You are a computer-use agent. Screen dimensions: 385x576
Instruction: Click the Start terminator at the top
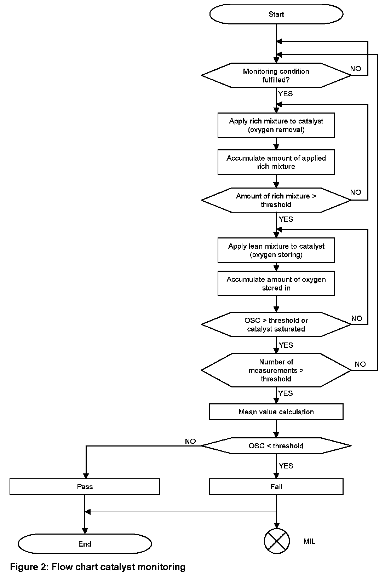[x=276, y=14]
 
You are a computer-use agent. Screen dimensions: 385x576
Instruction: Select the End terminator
[x=85, y=543]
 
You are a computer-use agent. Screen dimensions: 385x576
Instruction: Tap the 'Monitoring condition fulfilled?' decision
[x=276, y=75]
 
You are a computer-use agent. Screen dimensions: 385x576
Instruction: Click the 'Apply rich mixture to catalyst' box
[x=276, y=125]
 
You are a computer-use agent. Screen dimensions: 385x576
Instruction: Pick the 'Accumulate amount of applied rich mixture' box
[x=276, y=162]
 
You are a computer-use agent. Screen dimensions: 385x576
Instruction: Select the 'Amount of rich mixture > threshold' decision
[x=276, y=200]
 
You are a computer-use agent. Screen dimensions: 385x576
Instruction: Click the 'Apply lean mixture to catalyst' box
[x=276, y=250]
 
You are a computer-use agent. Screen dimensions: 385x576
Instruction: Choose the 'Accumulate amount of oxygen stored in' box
[x=276, y=283]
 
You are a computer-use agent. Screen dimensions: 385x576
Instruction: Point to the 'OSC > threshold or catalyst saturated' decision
[x=276, y=324]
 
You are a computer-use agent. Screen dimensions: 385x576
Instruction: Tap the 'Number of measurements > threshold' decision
[x=276, y=370]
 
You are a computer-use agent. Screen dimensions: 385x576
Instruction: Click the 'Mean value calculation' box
[x=276, y=412]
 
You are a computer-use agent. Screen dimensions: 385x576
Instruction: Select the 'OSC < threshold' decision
[x=276, y=446]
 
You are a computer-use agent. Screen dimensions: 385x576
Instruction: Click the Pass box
[x=85, y=486]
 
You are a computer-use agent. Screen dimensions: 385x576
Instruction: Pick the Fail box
[x=276, y=486]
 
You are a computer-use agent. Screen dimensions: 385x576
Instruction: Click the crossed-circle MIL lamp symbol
[x=277, y=541]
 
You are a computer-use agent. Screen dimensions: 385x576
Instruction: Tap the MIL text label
[x=309, y=541]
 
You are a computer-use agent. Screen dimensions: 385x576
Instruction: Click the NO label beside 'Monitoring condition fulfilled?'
[x=356, y=69]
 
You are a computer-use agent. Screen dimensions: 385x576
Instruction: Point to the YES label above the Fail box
[x=286, y=466]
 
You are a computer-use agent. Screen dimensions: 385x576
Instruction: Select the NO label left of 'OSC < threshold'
[x=190, y=441]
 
